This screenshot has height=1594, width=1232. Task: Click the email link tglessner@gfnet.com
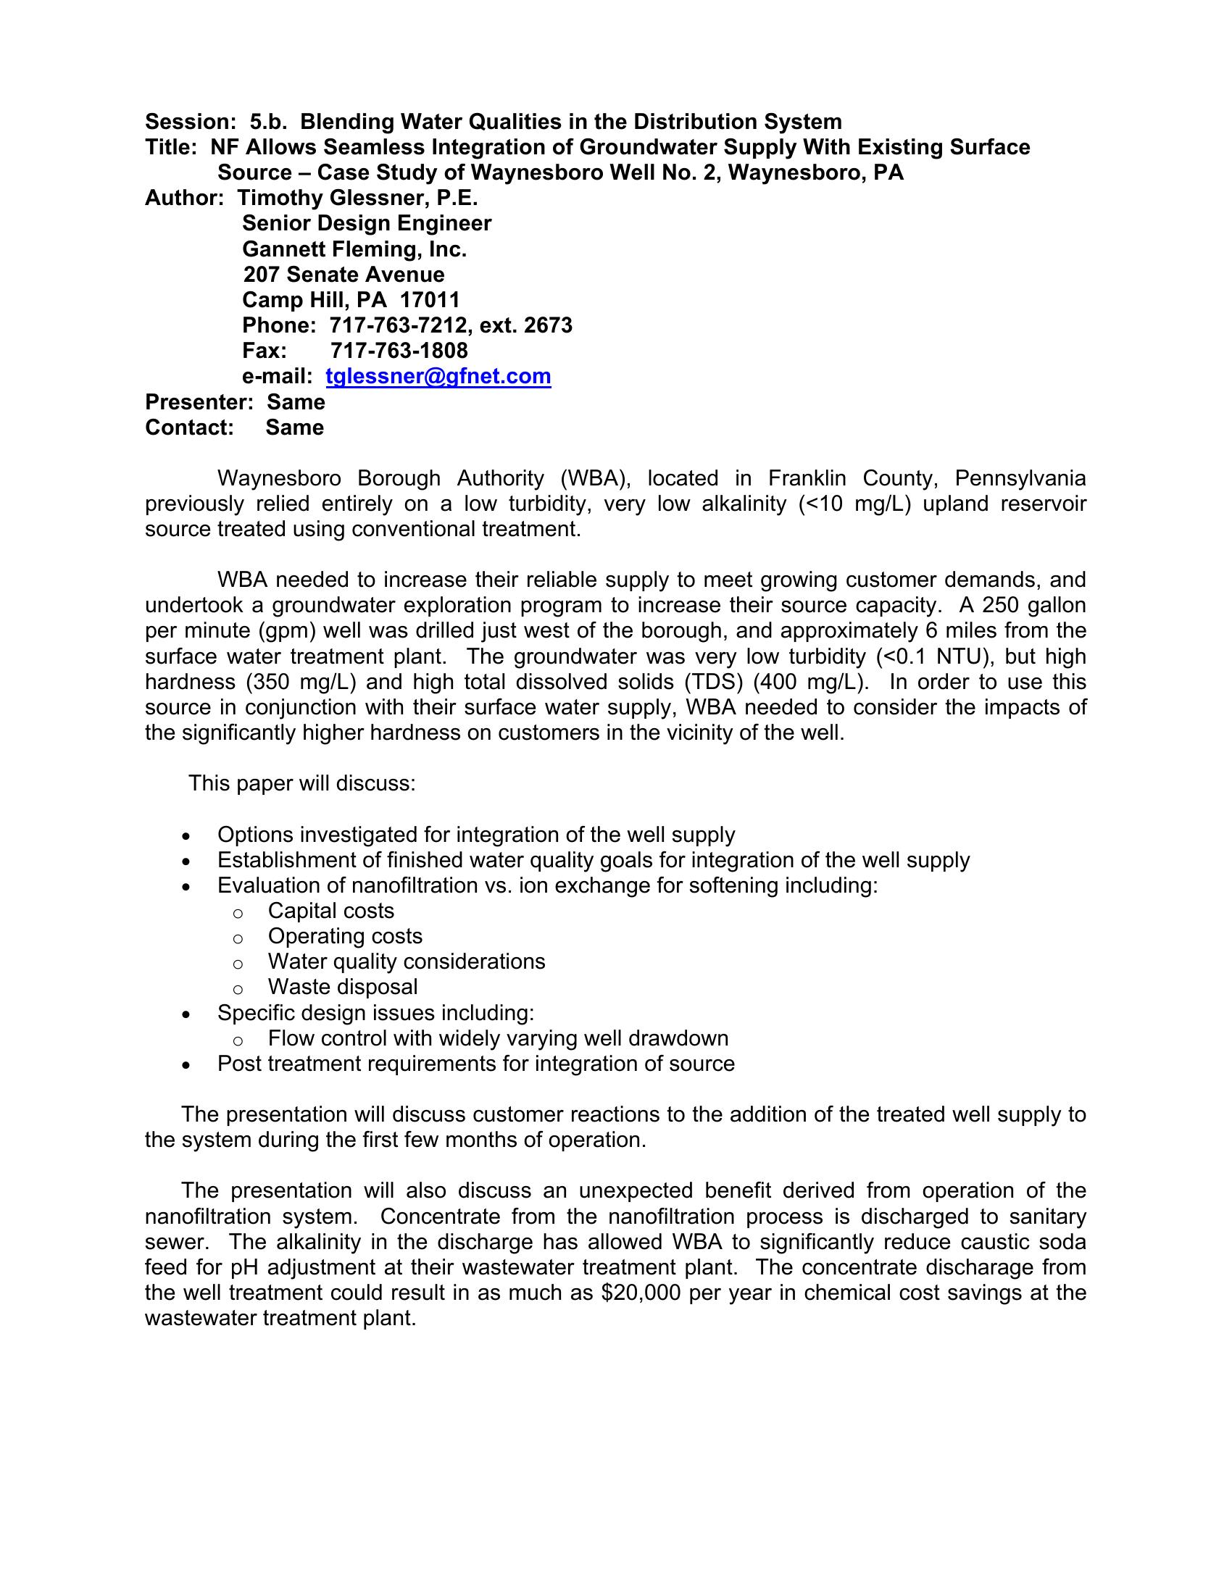(x=438, y=376)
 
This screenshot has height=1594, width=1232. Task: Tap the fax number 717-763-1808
(x=399, y=351)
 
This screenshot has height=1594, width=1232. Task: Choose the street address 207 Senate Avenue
(x=343, y=275)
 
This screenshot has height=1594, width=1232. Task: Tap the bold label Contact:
(x=190, y=427)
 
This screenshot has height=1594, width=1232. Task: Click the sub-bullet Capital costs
(x=330, y=911)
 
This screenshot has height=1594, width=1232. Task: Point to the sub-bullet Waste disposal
(x=342, y=987)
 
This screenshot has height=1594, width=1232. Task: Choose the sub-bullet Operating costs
(x=344, y=936)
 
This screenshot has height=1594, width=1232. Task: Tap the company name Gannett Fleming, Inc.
(x=354, y=250)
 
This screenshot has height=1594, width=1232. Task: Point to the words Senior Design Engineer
(x=367, y=223)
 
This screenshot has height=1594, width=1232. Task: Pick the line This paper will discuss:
(x=301, y=783)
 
